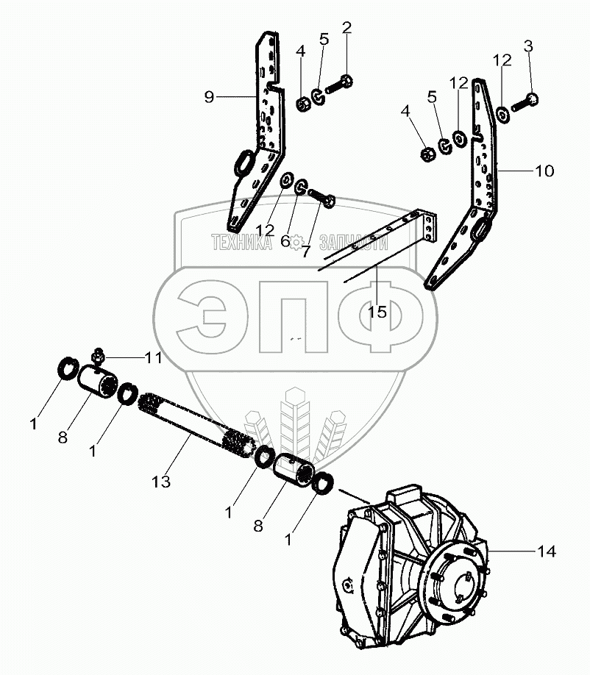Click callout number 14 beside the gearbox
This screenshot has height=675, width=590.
coord(547,551)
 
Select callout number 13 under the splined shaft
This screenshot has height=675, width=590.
coord(161,482)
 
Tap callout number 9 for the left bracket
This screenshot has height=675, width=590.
coord(210,97)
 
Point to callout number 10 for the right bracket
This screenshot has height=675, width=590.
coord(544,171)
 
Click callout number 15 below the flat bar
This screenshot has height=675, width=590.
coord(377,312)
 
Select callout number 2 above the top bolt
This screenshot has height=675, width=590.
coord(346,29)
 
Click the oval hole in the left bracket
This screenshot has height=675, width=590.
coord(244,162)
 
